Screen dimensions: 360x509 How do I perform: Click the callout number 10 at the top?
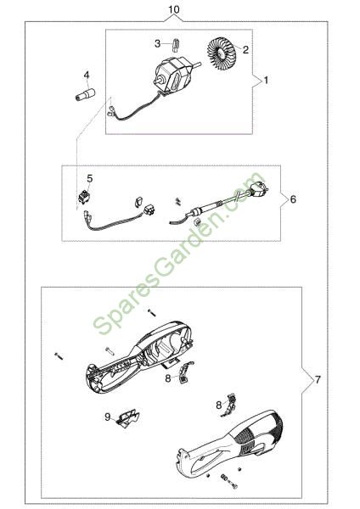(x=174, y=9)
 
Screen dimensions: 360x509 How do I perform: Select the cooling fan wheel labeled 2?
(x=221, y=53)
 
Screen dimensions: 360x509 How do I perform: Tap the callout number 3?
(x=158, y=43)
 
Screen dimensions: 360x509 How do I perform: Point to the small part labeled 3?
(x=176, y=45)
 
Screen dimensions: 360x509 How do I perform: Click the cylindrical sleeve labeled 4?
(x=85, y=94)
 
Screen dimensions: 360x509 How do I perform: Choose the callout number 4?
(x=87, y=75)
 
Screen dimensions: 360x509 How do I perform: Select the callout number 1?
(x=266, y=80)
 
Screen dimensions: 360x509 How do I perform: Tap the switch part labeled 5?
(x=84, y=197)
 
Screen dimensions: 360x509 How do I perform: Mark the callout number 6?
(x=293, y=199)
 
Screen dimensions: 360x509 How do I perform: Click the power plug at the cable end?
(x=259, y=188)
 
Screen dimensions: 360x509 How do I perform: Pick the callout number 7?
(x=318, y=379)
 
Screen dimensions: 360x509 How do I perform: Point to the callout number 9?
(x=108, y=417)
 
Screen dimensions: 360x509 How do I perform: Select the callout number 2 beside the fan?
(x=245, y=50)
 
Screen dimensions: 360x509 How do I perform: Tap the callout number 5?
(x=90, y=178)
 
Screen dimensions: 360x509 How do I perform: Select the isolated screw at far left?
(x=59, y=355)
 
